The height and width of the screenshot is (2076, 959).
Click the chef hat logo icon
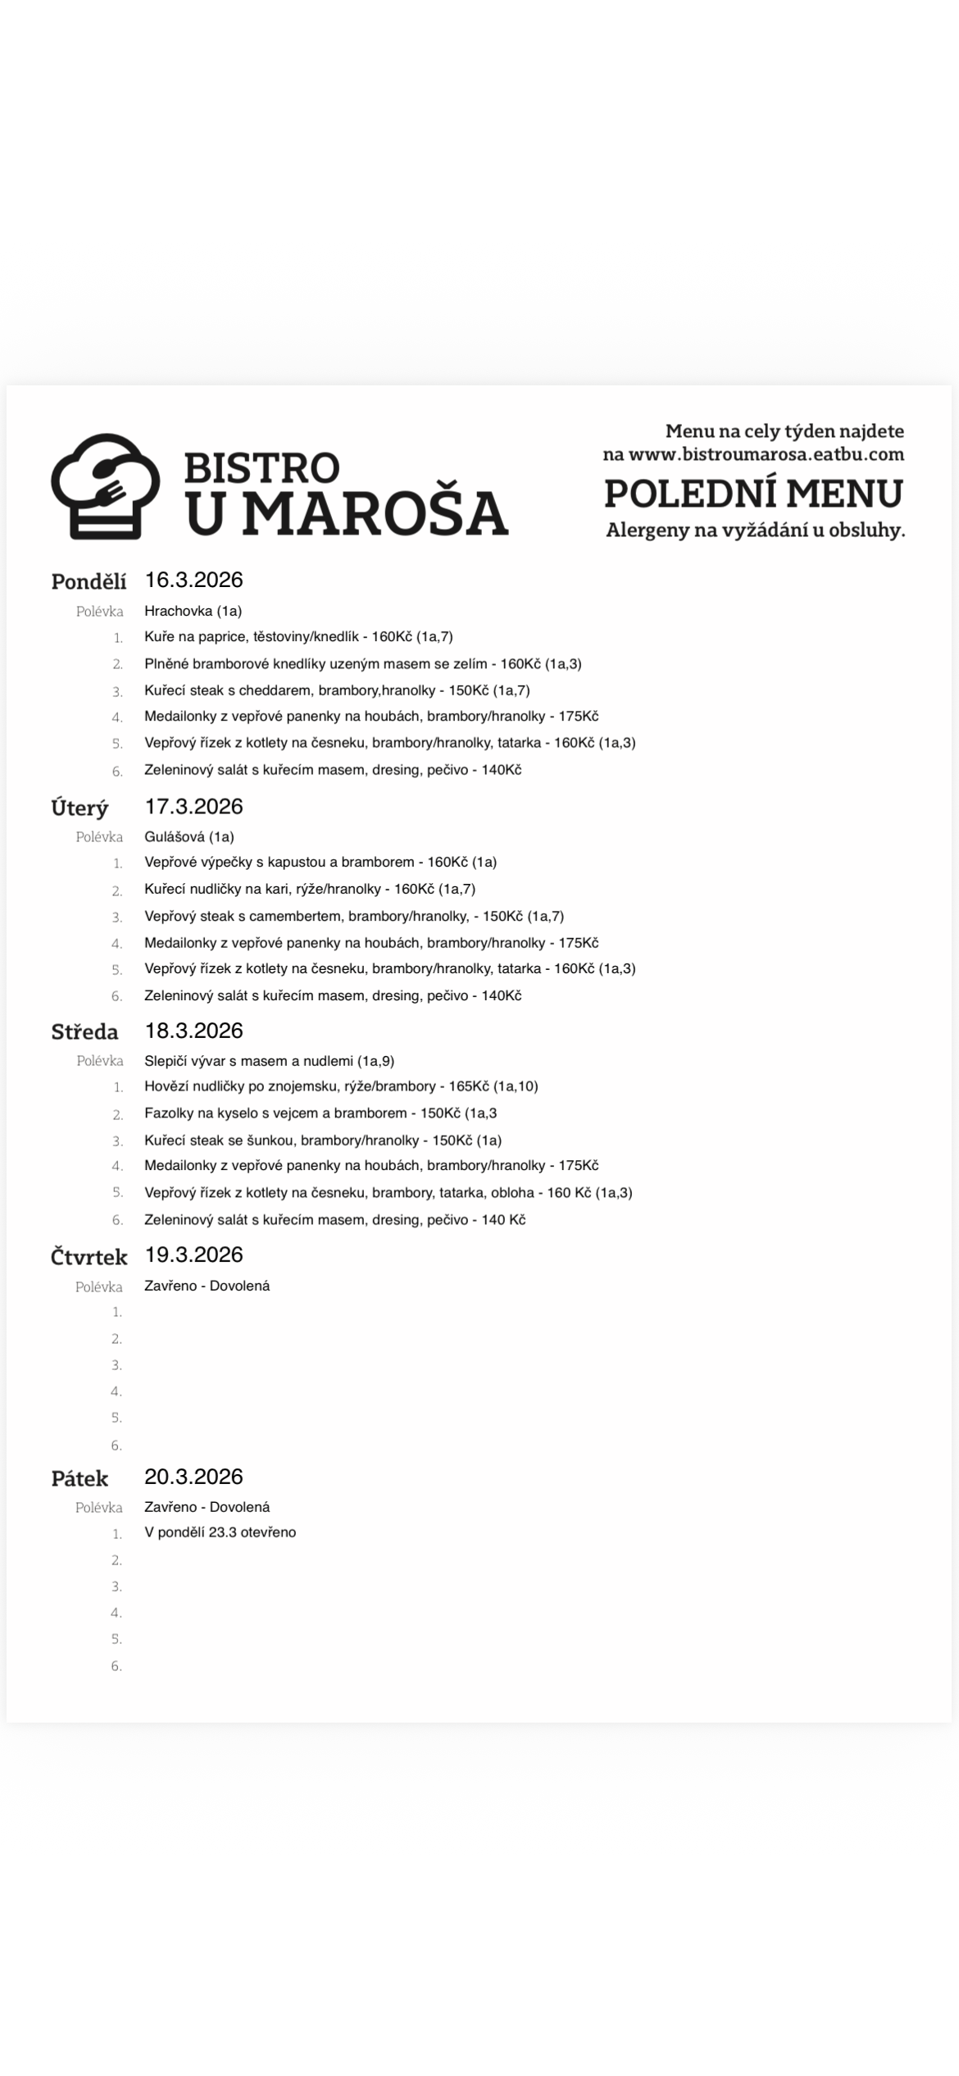105,485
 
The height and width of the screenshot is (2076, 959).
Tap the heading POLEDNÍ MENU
753,494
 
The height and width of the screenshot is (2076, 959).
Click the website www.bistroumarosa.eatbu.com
766,454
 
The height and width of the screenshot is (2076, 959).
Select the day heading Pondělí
89,581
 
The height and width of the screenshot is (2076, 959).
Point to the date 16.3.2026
193,580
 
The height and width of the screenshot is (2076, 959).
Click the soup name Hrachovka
178,611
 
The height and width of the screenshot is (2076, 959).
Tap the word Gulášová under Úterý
174,837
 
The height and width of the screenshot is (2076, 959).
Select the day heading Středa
84,1032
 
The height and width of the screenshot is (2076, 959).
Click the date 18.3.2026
193,1031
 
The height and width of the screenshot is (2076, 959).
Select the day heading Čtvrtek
89,1257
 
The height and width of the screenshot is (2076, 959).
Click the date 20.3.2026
193,1477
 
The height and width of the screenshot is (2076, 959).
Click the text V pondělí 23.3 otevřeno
220,1532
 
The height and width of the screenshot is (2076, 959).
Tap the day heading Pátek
80,1479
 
